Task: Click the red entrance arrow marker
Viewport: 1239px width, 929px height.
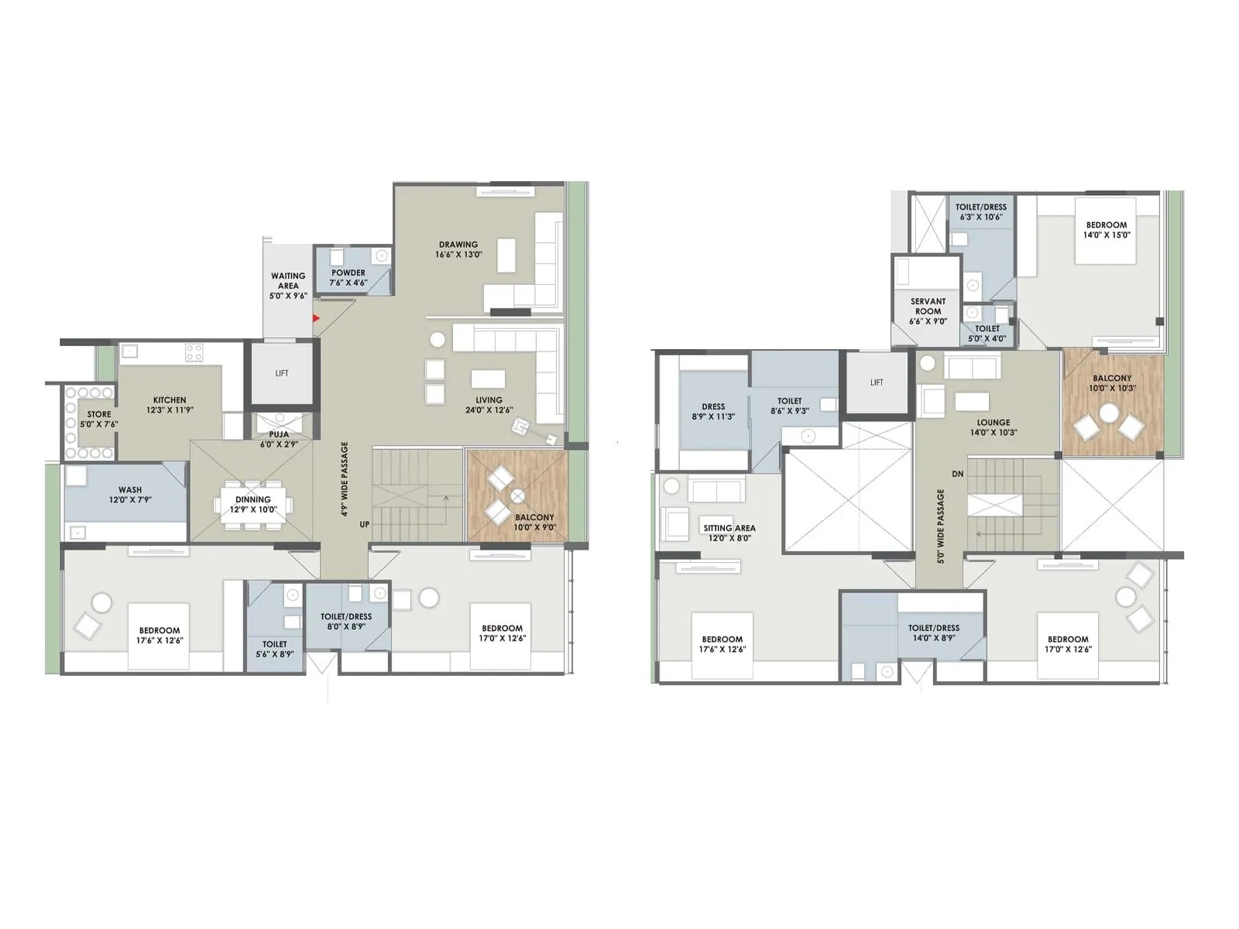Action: click(315, 317)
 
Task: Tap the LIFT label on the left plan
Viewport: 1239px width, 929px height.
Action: click(282, 373)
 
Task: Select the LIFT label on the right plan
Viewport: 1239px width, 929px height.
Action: click(877, 382)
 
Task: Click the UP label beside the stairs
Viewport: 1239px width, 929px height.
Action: click(365, 524)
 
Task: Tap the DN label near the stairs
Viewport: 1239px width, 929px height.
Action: click(958, 474)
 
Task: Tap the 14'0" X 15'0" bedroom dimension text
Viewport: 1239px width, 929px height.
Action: click(1107, 235)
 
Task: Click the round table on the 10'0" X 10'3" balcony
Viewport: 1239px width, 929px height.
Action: click(1110, 413)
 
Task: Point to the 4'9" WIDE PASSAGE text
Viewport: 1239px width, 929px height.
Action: click(345, 479)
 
